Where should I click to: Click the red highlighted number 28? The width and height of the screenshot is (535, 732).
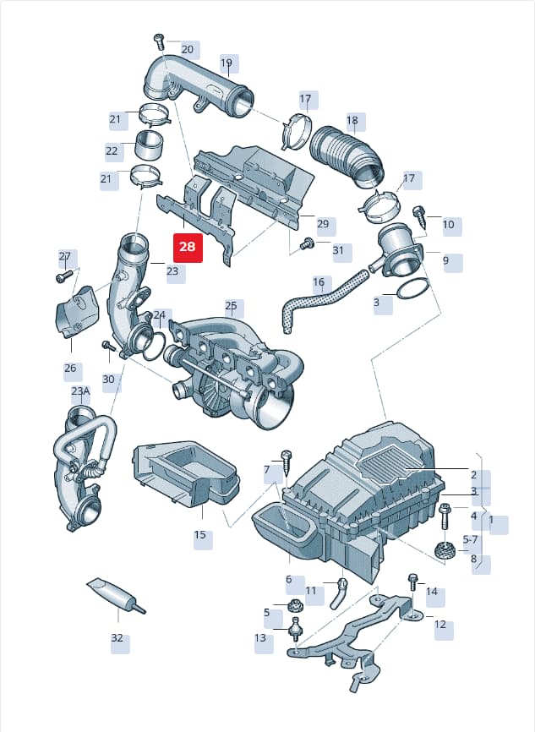click(188, 246)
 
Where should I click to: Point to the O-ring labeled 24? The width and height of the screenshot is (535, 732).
click(152, 347)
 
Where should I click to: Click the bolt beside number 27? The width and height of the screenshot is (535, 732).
click(64, 276)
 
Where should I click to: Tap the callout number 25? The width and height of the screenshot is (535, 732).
click(231, 306)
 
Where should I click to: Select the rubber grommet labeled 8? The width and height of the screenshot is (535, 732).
click(445, 550)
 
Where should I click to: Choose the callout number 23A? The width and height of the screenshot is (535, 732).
click(80, 391)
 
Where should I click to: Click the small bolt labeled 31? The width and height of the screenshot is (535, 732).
click(308, 243)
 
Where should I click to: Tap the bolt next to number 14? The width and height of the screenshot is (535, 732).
click(412, 585)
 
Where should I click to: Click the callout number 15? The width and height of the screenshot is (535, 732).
click(199, 534)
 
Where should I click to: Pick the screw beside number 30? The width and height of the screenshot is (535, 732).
click(108, 347)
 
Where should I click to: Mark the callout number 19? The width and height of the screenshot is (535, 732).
click(227, 63)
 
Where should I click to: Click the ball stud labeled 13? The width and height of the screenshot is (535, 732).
click(295, 628)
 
